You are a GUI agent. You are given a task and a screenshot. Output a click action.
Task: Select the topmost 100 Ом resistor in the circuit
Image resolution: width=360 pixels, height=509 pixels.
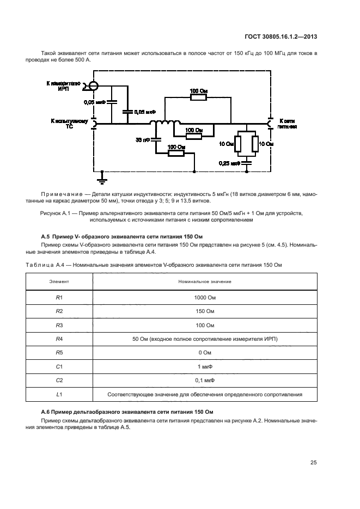tap(198, 97)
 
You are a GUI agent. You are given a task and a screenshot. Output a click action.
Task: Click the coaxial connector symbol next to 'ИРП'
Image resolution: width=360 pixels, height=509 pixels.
tap(94, 85)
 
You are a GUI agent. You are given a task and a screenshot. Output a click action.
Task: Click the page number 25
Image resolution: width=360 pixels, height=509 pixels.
tap(313, 463)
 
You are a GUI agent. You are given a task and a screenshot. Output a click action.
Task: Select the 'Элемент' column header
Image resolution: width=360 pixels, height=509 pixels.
tap(59, 281)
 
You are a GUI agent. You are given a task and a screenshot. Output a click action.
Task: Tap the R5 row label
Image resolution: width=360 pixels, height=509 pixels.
tap(59, 353)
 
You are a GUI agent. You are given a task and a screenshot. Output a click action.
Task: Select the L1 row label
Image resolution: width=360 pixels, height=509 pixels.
tap(59, 395)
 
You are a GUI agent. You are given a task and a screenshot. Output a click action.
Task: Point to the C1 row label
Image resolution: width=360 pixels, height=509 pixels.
tap(59, 367)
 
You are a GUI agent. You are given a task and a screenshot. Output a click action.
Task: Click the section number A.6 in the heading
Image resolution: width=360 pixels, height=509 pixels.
tap(46, 412)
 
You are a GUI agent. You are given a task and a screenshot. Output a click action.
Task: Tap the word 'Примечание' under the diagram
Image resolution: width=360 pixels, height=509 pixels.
tap(60, 194)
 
